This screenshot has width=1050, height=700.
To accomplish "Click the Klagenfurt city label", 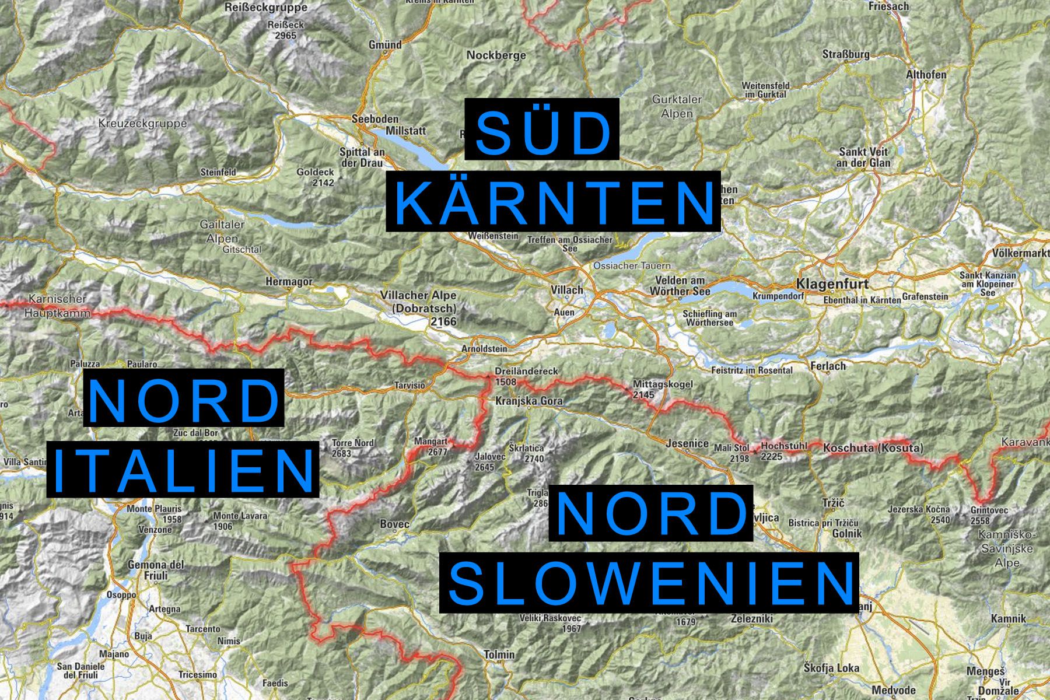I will pyautogui.click(x=832, y=285).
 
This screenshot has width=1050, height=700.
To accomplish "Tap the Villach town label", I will pyautogui.click(x=567, y=290).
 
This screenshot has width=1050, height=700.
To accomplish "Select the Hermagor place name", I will pyautogui.click(x=289, y=281).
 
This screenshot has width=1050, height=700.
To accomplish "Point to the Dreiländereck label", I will pyautogui.click(x=526, y=371).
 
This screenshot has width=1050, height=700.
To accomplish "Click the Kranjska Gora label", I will pyautogui.click(x=528, y=401).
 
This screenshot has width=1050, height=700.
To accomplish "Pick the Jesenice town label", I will pyautogui.click(x=688, y=443).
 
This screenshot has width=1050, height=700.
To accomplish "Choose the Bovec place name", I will pyautogui.click(x=394, y=524).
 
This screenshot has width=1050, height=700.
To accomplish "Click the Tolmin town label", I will pyautogui.click(x=499, y=655).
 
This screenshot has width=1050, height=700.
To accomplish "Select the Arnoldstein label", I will pyautogui.click(x=484, y=348).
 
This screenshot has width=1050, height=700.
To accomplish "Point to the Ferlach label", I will pyautogui.click(x=828, y=366).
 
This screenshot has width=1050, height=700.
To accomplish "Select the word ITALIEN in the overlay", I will pyautogui.click(x=183, y=468).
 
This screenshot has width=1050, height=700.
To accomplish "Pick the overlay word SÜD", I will pyautogui.click(x=542, y=129).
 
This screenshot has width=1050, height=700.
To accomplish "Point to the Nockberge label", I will pyautogui.click(x=496, y=55).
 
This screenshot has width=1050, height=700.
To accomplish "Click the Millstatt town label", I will pyautogui.click(x=406, y=131).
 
